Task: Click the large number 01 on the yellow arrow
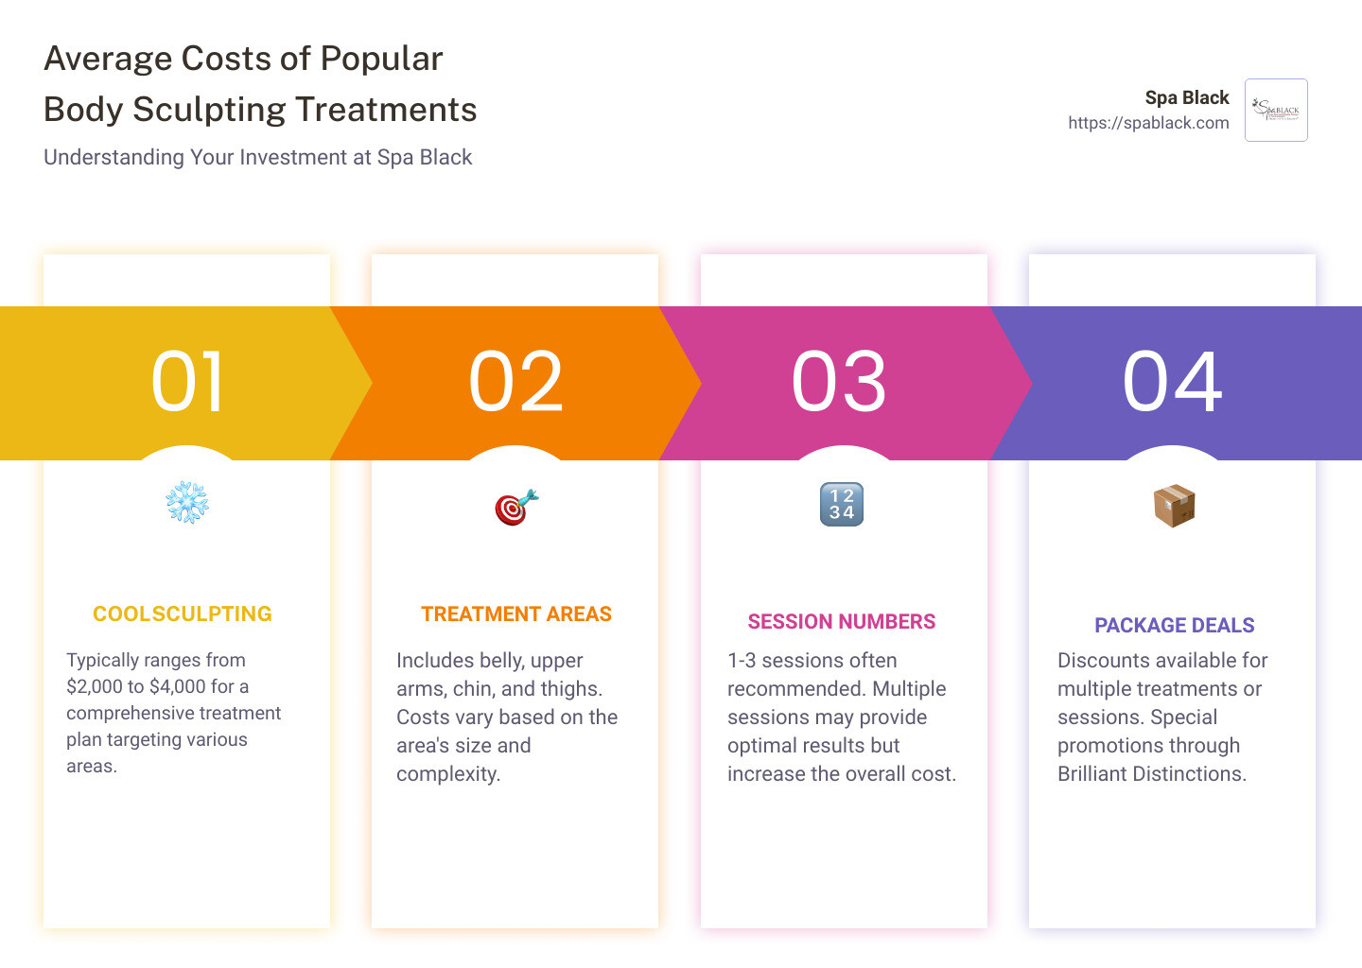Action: coord(186,381)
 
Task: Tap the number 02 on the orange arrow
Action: coord(515,381)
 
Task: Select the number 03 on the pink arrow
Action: coord(838,381)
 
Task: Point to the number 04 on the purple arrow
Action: coord(1172,381)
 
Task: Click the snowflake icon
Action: coord(187,503)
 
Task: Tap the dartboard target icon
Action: coord(516,507)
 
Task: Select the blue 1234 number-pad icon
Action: coord(842,505)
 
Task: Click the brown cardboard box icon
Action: coord(1174,506)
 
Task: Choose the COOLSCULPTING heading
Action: coord(182,614)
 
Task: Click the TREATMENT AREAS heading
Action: coord(516,614)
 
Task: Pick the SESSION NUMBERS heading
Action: coord(842,622)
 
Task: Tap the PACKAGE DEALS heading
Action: coord(1174,625)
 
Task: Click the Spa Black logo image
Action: coord(1276,110)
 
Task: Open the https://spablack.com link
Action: coord(1148,123)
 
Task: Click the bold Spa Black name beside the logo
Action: coord(1187,97)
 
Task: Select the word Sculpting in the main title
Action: coord(209,110)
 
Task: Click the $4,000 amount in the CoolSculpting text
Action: coord(178,686)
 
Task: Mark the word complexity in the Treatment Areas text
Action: coord(448,774)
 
